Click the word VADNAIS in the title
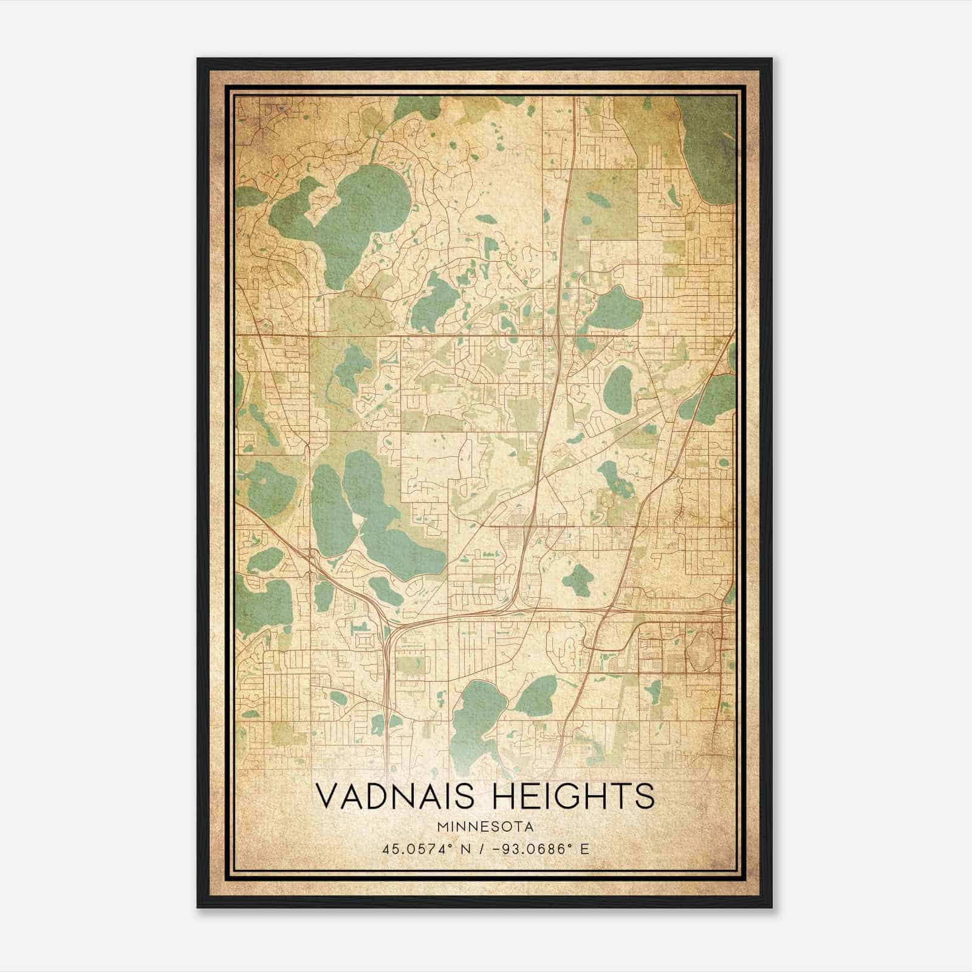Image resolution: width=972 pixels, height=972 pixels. click(x=394, y=797)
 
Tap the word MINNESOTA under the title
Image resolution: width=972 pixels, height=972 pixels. click(x=485, y=827)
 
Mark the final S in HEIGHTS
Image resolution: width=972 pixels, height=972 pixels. click(x=645, y=797)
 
